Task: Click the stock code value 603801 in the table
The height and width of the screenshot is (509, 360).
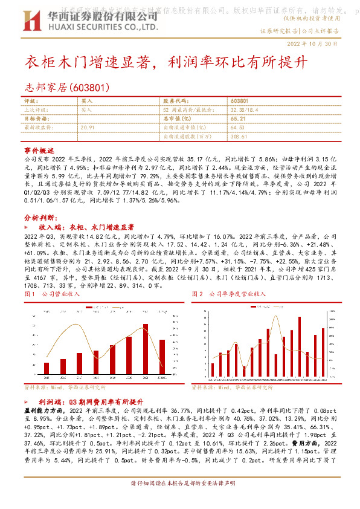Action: pyautogui.click(x=240, y=102)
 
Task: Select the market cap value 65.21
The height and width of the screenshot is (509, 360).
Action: pyautogui.click(x=237, y=119)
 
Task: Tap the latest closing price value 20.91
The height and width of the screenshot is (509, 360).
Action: pyautogui.click(x=88, y=128)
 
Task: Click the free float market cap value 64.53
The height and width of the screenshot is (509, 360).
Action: pyautogui.click(x=237, y=128)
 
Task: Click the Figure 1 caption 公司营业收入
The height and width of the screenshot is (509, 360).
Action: pyautogui.click(x=60, y=294)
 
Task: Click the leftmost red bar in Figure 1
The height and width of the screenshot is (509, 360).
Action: pyautogui.click(x=47, y=368)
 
